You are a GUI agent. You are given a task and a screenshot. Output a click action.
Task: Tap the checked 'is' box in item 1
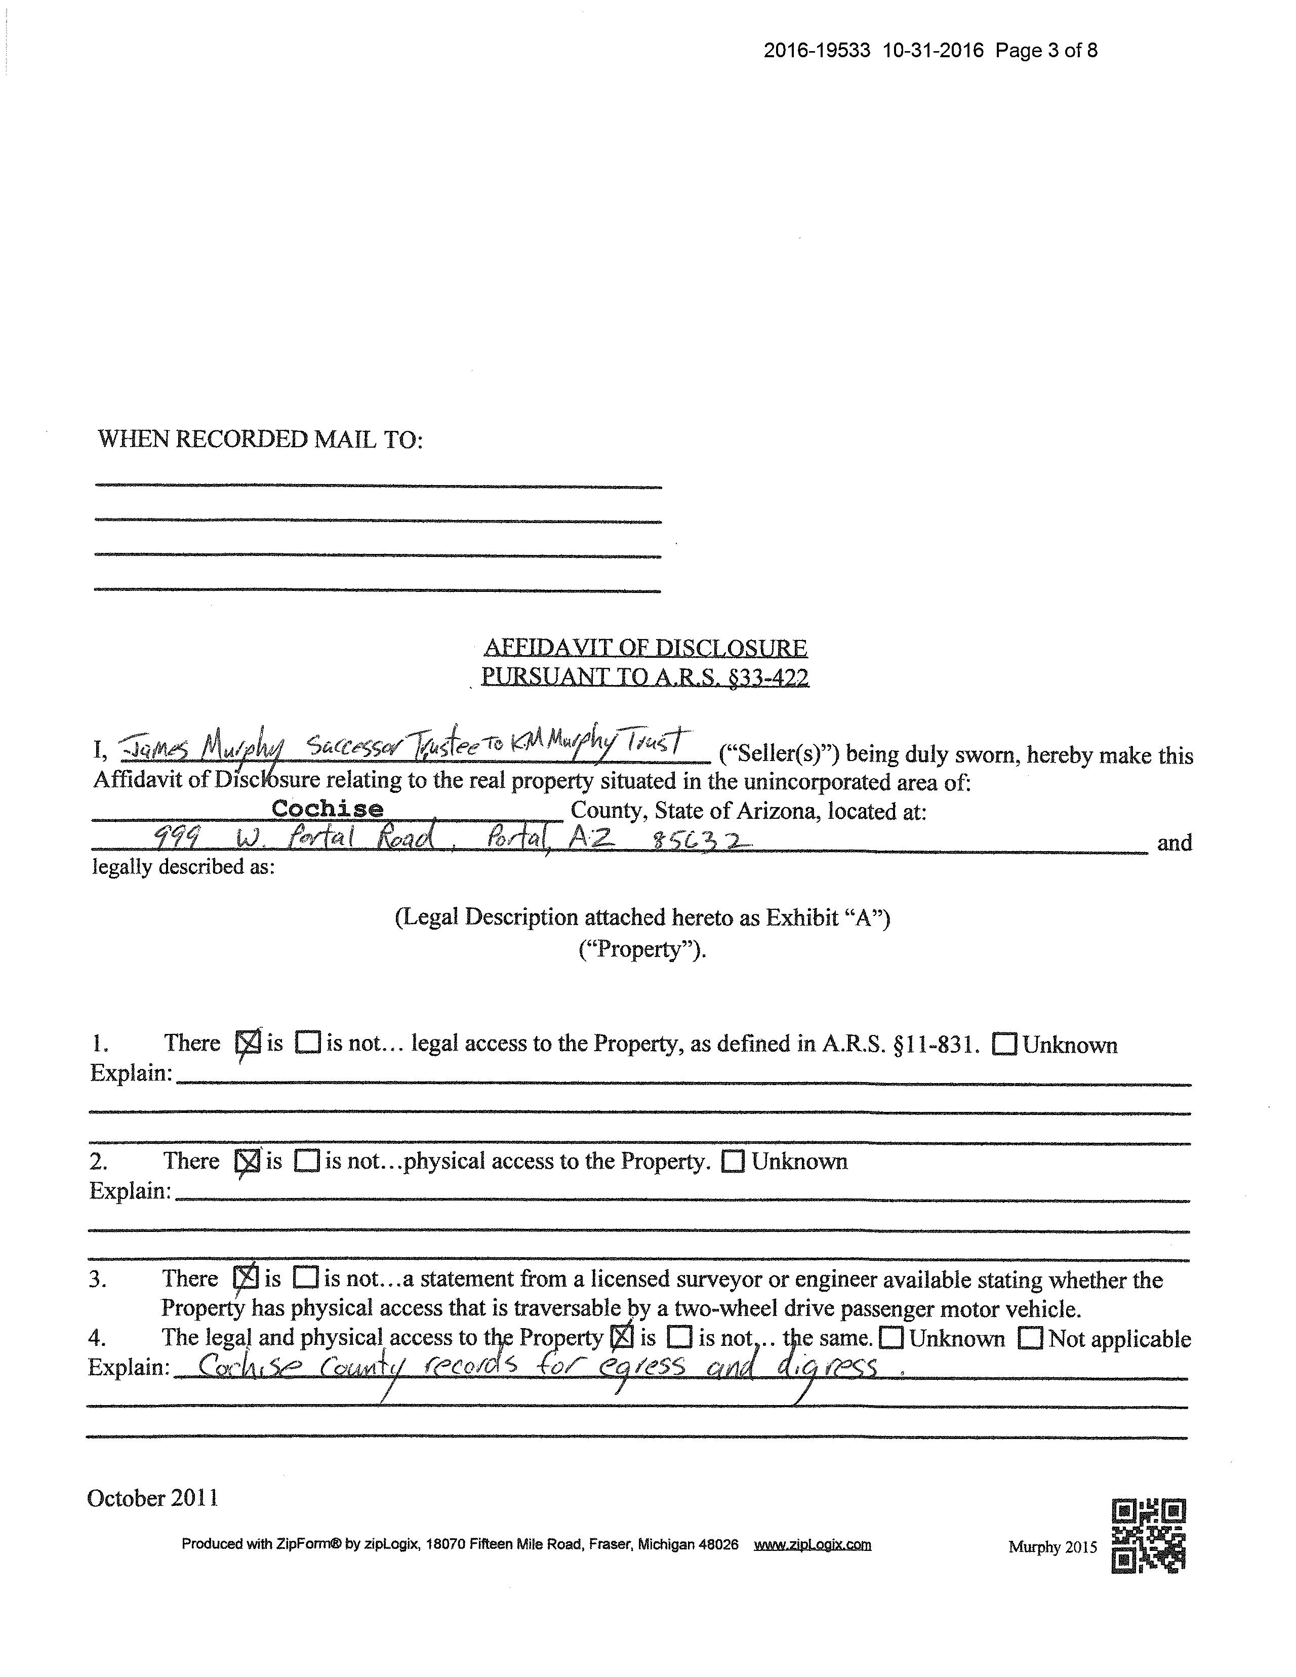247,1042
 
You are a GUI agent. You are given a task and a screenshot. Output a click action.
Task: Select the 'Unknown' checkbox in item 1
1005,1044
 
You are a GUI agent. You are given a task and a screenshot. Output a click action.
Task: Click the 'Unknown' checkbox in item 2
733,1161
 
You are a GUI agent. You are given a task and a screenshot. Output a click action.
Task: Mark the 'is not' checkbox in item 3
306,1277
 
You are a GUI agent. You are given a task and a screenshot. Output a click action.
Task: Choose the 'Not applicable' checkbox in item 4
1030,1338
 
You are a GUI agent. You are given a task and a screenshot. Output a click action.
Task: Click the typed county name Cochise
327,809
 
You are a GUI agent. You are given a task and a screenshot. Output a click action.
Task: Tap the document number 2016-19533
817,51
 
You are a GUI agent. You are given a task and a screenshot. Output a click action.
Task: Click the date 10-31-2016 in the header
933,51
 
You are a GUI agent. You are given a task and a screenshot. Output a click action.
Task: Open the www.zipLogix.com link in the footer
813,1544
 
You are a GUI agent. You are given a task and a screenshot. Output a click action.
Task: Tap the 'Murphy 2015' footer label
1052,1546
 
